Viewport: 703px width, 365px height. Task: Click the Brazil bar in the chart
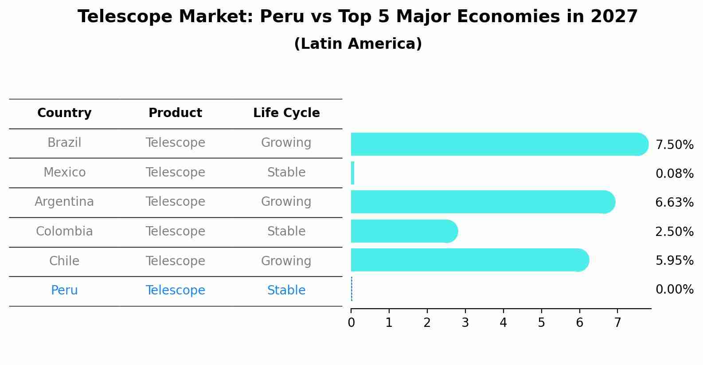[x=496, y=144]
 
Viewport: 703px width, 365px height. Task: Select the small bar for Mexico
[x=352, y=173]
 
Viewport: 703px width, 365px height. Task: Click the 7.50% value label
[x=674, y=145]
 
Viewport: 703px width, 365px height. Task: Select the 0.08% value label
[x=674, y=174]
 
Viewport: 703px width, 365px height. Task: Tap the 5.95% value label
[x=674, y=261]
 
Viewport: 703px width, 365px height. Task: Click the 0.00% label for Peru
[x=674, y=290]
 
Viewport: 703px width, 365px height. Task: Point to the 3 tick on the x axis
[x=465, y=323]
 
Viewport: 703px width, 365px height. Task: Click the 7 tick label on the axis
[x=617, y=323]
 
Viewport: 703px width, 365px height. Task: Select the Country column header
[x=64, y=113]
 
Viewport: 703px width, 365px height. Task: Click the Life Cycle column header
[x=286, y=113]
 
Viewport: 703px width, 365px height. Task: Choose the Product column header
[x=175, y=113]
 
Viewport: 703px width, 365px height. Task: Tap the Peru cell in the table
[x=64, y=290]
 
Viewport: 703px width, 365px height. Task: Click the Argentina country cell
[x=64, y=202]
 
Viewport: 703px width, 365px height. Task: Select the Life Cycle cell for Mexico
[x=286, y=173]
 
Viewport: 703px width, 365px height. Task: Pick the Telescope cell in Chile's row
[x=175, y=261]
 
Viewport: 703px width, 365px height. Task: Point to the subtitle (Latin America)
[x=358, y=44]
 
